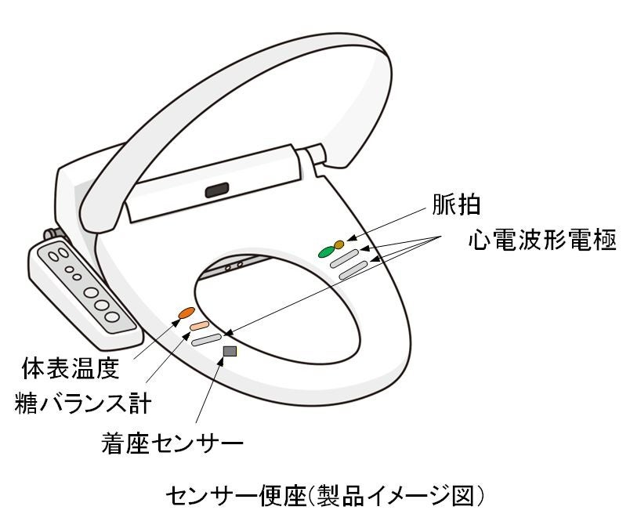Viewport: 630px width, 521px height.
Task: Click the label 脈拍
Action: (457, 205)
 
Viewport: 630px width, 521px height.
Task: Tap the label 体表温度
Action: (75, 367)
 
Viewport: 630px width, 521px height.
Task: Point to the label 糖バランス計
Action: (83, 403)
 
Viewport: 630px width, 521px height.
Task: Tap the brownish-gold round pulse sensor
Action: (339, 244)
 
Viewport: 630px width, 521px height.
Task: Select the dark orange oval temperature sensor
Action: (186, 313)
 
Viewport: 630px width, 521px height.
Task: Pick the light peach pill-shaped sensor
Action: (198, 326)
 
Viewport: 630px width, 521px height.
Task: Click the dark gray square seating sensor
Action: (230, 351)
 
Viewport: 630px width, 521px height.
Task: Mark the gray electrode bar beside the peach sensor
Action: (207, 339)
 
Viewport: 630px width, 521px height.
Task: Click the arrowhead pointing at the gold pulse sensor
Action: (349, 240)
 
